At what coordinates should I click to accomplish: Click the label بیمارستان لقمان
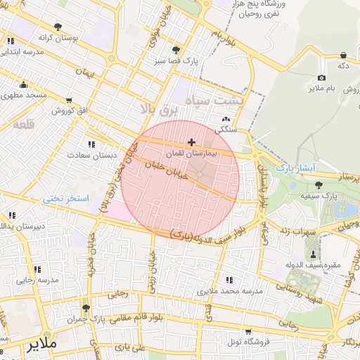191,153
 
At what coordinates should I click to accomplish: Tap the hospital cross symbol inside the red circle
191,142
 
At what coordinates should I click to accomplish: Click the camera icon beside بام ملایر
321,77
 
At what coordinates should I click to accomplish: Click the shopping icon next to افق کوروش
68,101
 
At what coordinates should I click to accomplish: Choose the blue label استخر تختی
66,199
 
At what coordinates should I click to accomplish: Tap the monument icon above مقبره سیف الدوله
312,254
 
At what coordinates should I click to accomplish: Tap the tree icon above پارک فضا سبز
175,50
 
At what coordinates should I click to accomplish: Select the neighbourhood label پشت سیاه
210,101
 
